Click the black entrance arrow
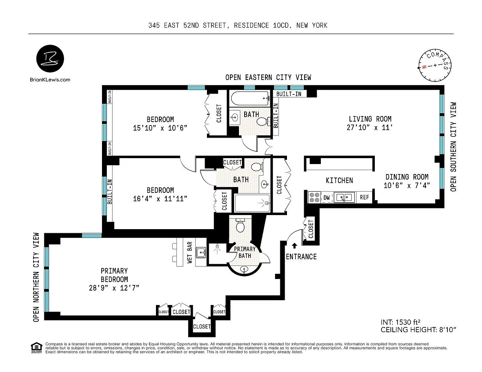click(294, 246)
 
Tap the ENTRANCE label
click(301, 257)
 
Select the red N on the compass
click(424, 67)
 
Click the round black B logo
click(50, 58)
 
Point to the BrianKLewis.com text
click(50, 80)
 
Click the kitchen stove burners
click(314, 197)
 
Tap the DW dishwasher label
click(326, 198)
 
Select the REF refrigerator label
click(364, 197)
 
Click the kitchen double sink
click(344, 197)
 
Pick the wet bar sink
click(201, 252)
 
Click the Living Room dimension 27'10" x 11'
click(370, 128)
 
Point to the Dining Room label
click(407, 177)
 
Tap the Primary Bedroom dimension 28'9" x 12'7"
click(114, 288)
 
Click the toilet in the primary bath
click(240, 225)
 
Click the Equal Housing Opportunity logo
click(36, 348)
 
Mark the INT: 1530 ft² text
click(400, 322)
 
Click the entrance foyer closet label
click(311, 229)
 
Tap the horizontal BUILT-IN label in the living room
click(289, 94)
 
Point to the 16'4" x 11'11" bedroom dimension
click(160, 199)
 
